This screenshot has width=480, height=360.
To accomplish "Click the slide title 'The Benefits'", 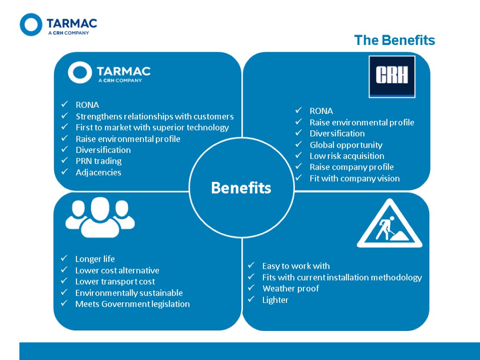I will [x=394, y=40].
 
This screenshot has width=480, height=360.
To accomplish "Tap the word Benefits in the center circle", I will [x=241, y=188].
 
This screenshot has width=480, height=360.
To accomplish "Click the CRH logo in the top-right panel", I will [x=392, y=76].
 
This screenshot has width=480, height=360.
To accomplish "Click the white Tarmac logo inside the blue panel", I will [x=109, y=73].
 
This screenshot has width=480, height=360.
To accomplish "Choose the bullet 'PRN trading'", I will [x=98, y=161].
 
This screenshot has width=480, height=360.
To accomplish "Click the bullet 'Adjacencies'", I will [x=98, y=172].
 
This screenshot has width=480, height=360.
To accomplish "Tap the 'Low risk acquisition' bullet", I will [x=347, y=156].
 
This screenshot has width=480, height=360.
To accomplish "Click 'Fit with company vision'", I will [x=354, y=178].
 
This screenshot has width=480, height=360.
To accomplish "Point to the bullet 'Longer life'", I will [x=95, y=259].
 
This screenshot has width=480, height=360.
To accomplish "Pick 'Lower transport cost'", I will [x=115, y=282].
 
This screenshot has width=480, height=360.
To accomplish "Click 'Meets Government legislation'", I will [x=132, y=304].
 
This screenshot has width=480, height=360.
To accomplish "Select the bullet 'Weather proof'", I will [x=291, y=289].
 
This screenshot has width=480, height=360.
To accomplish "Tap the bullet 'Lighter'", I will [x=275, y=300].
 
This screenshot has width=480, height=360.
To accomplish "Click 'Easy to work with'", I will [x=296, y=266].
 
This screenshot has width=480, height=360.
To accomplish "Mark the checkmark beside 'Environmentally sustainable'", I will [x=64, y=293].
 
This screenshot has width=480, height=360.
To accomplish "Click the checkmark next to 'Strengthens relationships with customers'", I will [x=65, y=116].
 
